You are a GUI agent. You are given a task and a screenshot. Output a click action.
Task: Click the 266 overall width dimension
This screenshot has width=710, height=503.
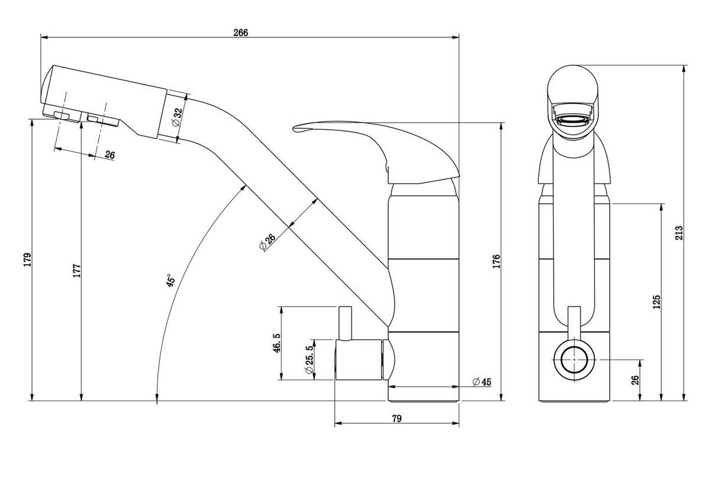pos(241,33)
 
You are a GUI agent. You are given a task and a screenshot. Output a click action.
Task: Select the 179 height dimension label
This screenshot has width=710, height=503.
pos(28,259)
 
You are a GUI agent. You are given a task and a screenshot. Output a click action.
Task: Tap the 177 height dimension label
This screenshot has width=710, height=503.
pos(77,270)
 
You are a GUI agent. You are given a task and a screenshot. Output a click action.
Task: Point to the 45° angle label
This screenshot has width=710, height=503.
pos(170,280)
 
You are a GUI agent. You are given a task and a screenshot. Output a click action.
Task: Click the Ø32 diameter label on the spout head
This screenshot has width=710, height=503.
pos(177,117)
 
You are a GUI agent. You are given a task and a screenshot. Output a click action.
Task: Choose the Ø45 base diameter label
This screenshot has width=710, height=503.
pos(482,382)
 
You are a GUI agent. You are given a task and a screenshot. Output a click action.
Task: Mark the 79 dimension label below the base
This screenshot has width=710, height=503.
pos(396,419)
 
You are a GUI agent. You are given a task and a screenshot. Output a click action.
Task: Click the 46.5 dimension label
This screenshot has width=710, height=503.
pos(277,342)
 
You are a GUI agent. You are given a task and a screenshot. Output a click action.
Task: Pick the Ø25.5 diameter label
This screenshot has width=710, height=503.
pos(309,359)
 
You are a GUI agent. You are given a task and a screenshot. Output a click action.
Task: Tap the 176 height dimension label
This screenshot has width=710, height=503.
pos(496,261)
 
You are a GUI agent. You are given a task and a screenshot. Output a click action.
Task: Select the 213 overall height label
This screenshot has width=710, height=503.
pos(680,233)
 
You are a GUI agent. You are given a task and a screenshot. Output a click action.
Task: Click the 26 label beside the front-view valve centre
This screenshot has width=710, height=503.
pos(635,380)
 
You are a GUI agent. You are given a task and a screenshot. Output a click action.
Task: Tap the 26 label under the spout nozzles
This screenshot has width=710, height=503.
pos(109,155)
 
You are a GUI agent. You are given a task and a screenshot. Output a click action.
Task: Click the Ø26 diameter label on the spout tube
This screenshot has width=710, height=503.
pos(267,242)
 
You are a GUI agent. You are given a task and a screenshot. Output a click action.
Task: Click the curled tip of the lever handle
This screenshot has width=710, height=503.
pos(296,127)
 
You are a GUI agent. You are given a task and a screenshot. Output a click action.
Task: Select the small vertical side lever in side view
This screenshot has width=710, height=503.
pos(346,323)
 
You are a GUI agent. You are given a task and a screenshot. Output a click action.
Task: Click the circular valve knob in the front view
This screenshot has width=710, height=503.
pos(575,360)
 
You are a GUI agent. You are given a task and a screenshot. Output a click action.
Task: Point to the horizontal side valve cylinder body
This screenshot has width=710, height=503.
pos(359,360)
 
